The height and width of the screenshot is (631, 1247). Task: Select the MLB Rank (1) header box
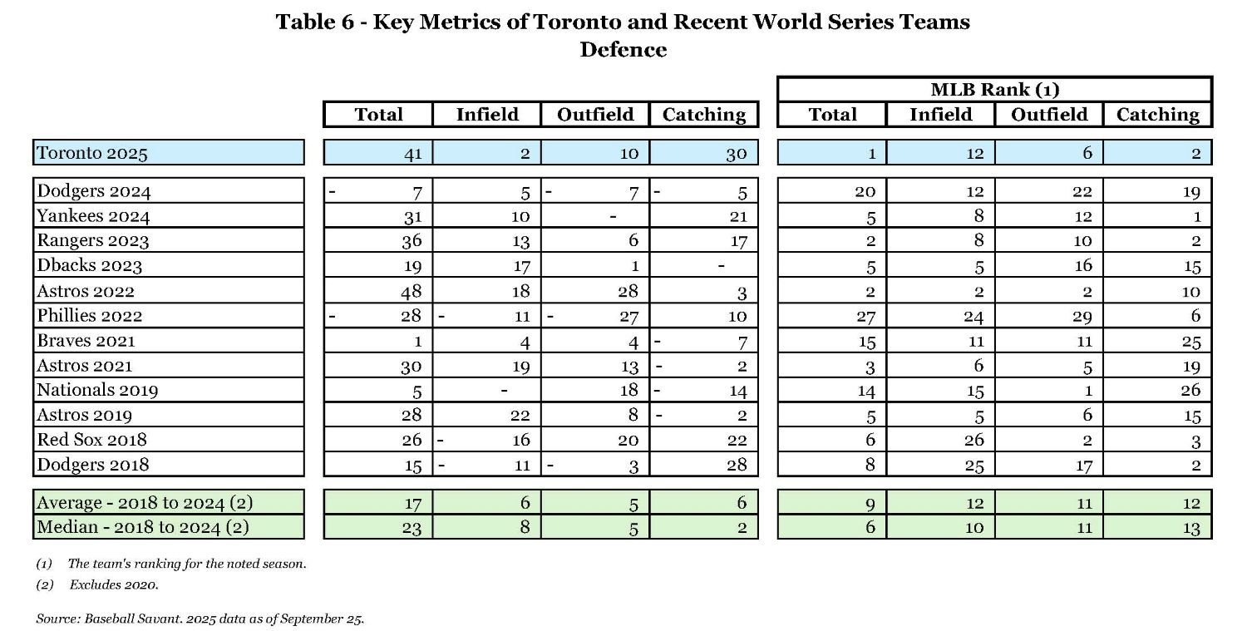tap(994, 90)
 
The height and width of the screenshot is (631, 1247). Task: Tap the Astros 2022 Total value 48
tap(411, 291)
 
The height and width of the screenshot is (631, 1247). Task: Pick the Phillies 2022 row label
tap(90, 316)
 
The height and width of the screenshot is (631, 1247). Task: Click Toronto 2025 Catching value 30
tap(736, 154)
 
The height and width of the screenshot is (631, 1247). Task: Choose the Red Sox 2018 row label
tap(91, 440)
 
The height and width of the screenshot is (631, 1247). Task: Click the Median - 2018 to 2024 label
tap(142, 526)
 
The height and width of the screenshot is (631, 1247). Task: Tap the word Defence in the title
tap(623, 50)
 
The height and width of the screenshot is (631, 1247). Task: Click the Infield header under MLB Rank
tap(940, 115)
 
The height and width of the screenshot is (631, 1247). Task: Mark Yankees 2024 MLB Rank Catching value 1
tap(1195, 216)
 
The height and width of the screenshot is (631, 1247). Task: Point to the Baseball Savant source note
tap(200, 619)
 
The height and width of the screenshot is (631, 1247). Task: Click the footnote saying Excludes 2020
tap(114, 584)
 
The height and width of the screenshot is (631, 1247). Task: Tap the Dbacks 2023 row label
tap(89, 266)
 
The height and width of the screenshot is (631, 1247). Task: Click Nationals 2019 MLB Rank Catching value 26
tap(1190, 390)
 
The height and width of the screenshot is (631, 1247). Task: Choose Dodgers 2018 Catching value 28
tap(736, 464)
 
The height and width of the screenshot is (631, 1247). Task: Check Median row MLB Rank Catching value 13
tap(1190, 527)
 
